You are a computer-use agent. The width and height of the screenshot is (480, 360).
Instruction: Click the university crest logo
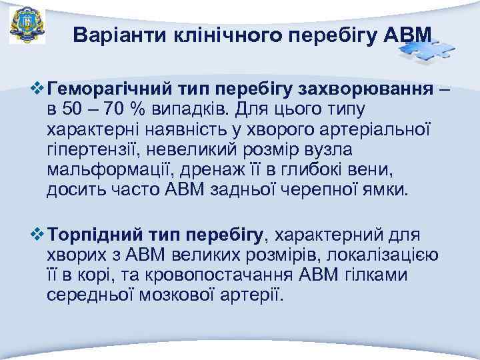click(27, 26)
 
